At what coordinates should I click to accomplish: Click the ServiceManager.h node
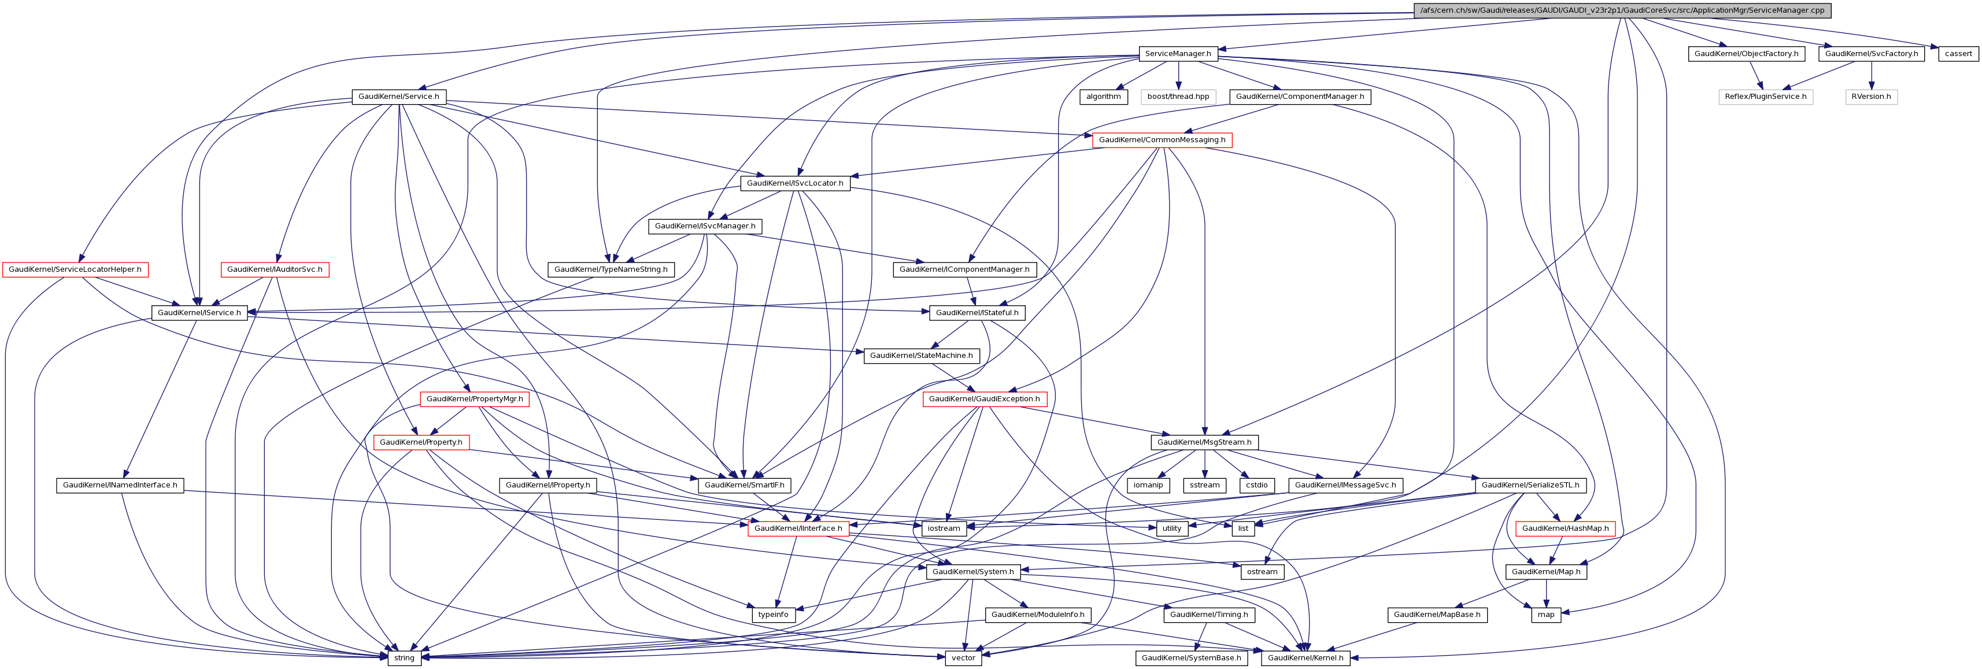click(1177, 54)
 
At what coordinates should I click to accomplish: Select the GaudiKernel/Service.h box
click(398, 97)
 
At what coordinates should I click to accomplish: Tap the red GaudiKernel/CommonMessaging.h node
click(1162, 140)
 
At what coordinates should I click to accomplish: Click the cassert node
click(1958, 54)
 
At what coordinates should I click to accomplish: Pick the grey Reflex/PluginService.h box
click(1766, 97)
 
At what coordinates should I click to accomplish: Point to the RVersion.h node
click(1871, 97)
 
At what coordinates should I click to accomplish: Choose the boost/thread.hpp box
click(1178, 97)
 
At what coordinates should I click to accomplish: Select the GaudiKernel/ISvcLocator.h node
click(795, 183)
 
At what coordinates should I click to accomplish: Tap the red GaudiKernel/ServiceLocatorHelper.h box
click(75, 269)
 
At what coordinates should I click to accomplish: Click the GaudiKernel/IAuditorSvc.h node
click(275, 269)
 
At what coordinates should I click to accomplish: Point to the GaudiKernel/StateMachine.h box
click(921, 356)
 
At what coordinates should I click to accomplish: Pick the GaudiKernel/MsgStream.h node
click(1205, 442)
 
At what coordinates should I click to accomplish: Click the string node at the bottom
click(404, 657)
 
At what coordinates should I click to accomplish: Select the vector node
click(963, 657)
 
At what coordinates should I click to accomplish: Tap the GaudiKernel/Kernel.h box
click(1306, 657)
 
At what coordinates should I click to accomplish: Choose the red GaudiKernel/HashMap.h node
click(1565, 528)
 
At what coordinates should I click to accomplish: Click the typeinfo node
click(773, 614)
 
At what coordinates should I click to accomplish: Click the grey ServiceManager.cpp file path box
click(1622, 10)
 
